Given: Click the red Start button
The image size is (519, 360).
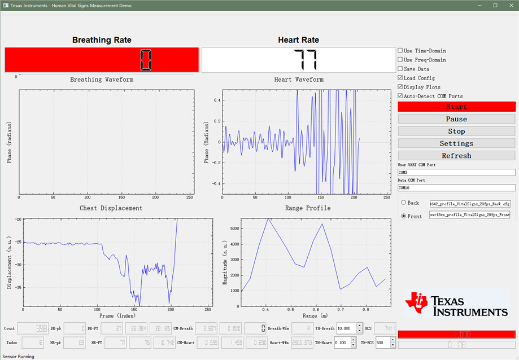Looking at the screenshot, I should point(456,107).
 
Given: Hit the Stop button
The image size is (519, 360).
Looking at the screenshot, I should point(456,131).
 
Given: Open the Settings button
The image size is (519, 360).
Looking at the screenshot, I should point(456,144).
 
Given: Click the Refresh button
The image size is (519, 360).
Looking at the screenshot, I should point(456,156).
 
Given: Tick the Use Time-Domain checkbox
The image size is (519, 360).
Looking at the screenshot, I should point(400,51).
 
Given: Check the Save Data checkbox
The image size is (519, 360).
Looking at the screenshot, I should point(400,69).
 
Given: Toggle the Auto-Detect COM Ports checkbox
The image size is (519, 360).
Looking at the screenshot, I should point(400,96).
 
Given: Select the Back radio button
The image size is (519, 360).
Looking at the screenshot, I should point(404,203).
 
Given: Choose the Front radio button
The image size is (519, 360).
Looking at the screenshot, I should point(404,216).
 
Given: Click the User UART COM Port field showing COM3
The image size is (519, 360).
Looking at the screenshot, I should point(456,173).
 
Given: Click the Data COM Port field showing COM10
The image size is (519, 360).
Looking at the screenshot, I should point(456,188).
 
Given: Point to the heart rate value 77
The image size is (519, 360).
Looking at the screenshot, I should point(306,60).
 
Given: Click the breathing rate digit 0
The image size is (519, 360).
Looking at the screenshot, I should point(146,60).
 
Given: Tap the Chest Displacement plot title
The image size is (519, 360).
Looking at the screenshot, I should point(111,208).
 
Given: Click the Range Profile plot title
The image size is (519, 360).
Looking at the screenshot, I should point(307,208).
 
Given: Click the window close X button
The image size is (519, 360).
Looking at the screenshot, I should point(511,5).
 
